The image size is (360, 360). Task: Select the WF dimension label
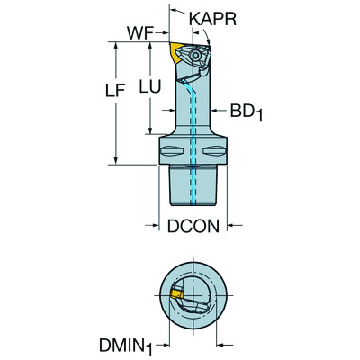pos(138,32)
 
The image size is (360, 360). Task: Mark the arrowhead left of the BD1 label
pos(215,112)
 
